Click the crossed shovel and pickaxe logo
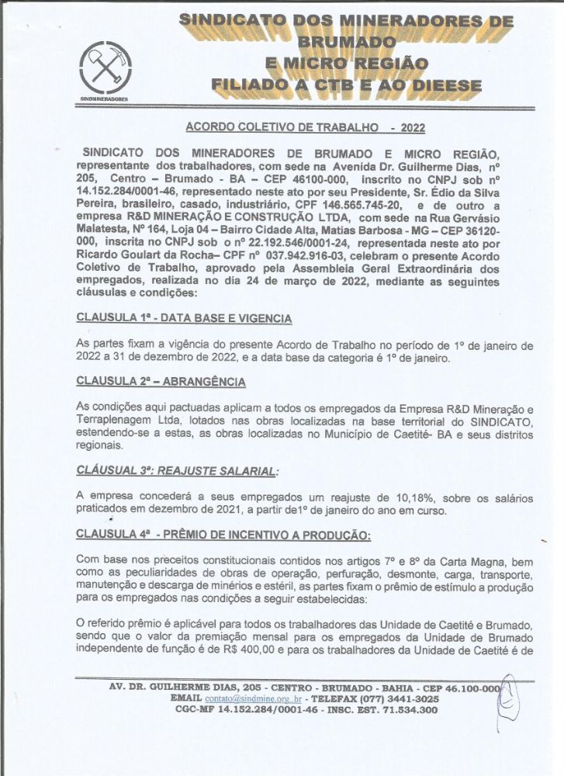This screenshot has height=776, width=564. [x=106, y=69]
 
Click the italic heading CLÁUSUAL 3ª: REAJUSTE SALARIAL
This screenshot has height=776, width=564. [x=177, y=470]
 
